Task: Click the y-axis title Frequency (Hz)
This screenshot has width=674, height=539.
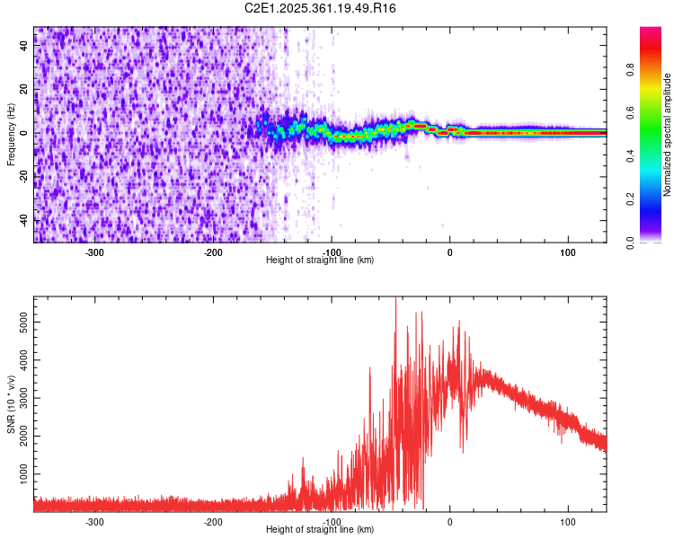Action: pyautogui.click(x=11, y=135)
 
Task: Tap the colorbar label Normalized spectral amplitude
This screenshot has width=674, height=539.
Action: pyautogui.click(x=667, y=135)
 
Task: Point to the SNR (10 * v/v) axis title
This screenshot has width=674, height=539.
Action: pyautogui.click(x=11, y=403)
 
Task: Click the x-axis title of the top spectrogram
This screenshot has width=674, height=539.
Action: pyautogui.click(x=320, y=260)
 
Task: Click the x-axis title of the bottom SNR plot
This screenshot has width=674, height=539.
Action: pyautogui.click(x=320, y=529)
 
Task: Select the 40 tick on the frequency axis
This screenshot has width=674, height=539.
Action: pyautogui.click(x=24, y=47)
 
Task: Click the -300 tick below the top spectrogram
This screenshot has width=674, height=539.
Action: pyautogui.click(x=95, y=252)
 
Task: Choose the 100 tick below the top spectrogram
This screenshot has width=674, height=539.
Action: pyautogui.click(x=568, y=252)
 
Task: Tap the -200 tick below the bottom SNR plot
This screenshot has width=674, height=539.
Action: pyautogui.click(x=213, y=521)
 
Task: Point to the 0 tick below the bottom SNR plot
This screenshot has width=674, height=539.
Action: pyautogui.click(x=450, y=521)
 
